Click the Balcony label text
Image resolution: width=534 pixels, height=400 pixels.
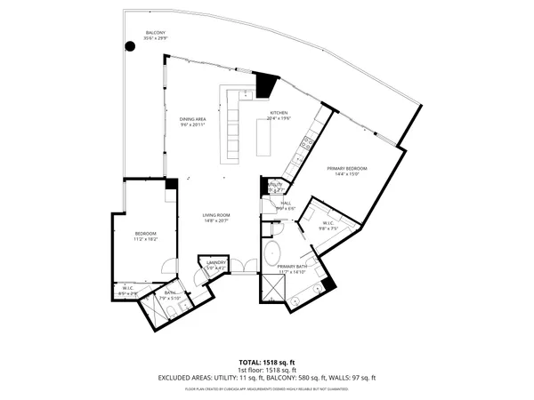(x=155, y=36)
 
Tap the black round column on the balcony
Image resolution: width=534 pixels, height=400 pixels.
(x=130, y=47)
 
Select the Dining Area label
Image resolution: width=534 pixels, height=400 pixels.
(x=193, y=122)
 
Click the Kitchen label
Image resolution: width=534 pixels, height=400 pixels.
(x=279, y=115)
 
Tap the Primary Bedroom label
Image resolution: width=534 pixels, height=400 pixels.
(x=346, y=171)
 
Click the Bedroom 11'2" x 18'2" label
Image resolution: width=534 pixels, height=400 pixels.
(x=145, y=236)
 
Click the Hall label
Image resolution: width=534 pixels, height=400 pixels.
(x=286, y=205)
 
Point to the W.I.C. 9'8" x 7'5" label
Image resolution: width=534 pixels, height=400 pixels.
(x=330, y=228)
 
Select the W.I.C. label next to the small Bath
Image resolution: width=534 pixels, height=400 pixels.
(x=128, y=290)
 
